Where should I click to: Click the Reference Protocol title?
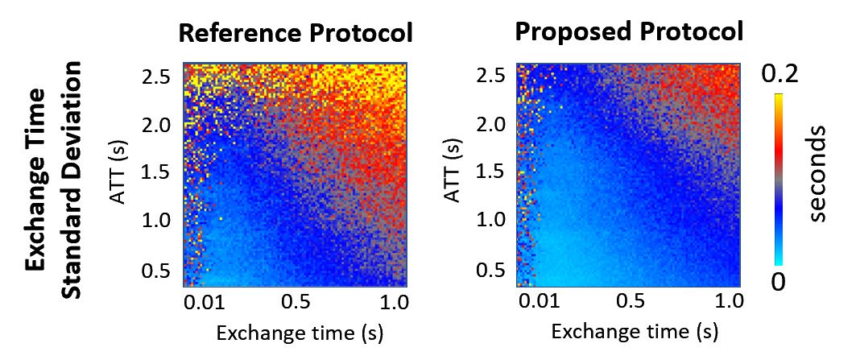pos(295,34)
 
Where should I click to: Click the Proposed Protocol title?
pos(628,32)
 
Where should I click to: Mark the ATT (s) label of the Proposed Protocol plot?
pos(457,174)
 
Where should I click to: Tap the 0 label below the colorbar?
pos(778,283)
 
